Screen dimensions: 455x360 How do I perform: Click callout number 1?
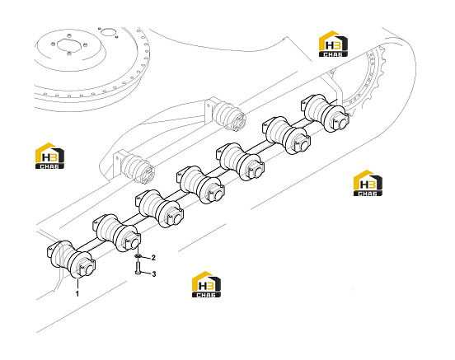coord(77,293)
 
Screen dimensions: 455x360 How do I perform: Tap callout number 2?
coord(153,258)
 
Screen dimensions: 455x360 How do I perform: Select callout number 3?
coord(154,274)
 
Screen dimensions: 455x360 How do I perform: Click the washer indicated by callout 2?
coord(138,256)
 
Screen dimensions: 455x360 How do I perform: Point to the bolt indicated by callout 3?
coord(138,267)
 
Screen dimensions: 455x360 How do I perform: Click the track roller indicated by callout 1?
coord(71,259)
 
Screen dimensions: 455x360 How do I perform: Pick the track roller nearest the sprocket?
coord(325,113)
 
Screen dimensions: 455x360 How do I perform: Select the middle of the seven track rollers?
coord(200,185)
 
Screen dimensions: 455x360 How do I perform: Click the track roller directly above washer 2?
coord(117,233)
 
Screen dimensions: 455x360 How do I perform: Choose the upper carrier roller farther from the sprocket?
coord(133,166)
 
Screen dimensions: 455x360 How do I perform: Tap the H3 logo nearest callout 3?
coord(206,284)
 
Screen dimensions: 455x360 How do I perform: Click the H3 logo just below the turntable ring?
coord(49,156)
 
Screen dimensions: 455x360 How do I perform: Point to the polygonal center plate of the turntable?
coord(68,45)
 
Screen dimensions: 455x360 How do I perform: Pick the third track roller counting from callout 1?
coord(160,209)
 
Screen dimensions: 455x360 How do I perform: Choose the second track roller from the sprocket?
coord(287,135)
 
